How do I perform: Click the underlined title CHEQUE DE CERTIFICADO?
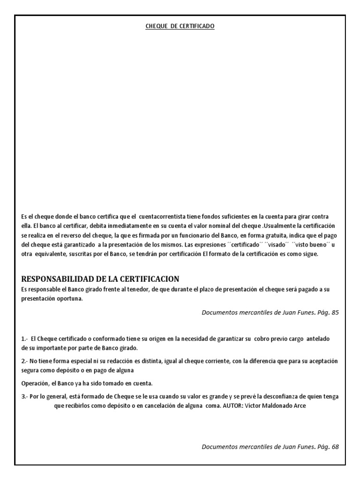coord(180,27)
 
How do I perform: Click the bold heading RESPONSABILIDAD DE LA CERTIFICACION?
coord(100,279)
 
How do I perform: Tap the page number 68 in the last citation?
coord(334,447)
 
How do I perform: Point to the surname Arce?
coord(299,405)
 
